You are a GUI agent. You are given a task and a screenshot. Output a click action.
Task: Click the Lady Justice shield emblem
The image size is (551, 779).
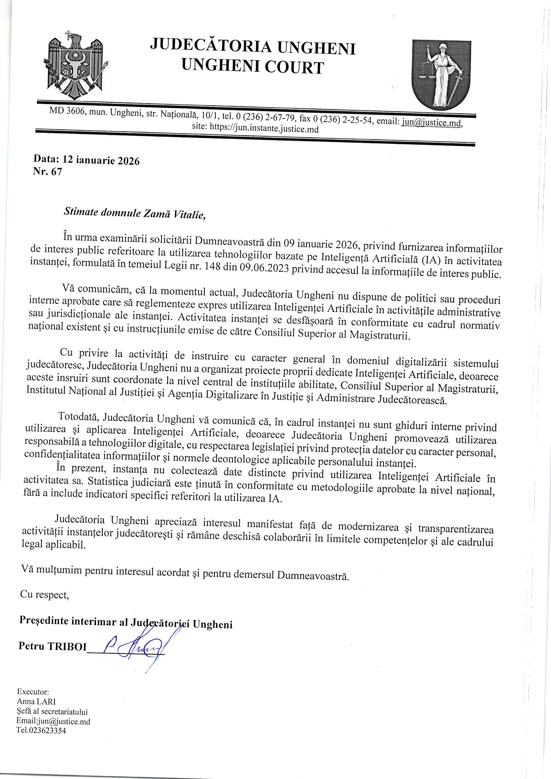click(441, 74)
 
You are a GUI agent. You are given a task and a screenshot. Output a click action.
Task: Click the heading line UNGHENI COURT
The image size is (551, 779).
click(253, 67)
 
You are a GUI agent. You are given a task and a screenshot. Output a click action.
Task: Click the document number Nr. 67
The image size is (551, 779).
click(48, 172)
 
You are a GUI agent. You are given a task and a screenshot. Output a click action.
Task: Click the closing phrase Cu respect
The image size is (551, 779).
click(44, 595)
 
